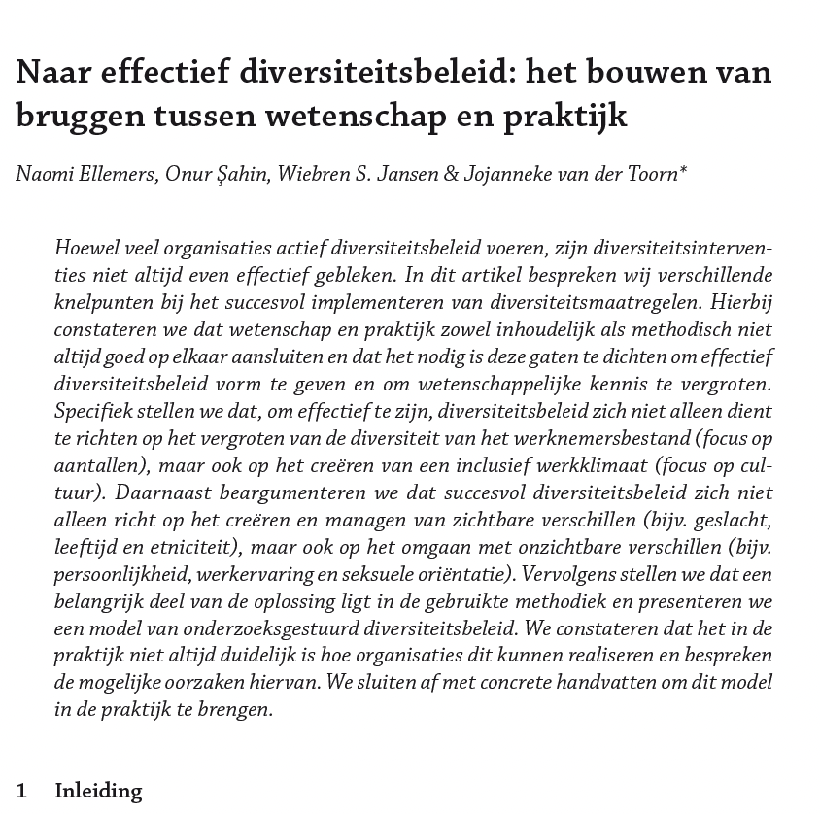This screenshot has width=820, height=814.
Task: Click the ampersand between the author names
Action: (x=450, y=175)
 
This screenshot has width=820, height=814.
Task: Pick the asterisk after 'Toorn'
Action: (x=683, y=171)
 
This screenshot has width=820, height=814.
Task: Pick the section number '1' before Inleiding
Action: (x=21, y=791)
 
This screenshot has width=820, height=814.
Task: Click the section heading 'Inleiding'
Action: (x=98, y=791)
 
